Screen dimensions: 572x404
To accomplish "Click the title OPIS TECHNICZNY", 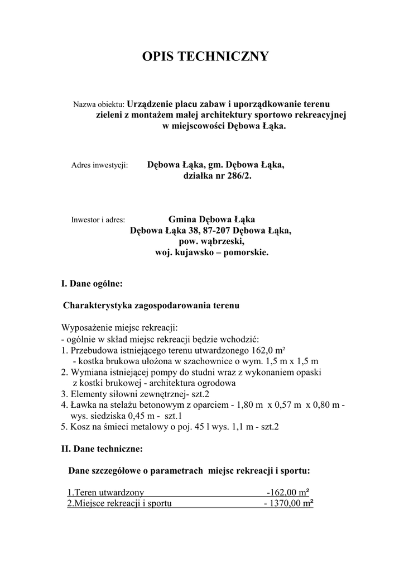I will point(205,56).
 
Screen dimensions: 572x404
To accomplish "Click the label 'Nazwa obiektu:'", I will point(98,104).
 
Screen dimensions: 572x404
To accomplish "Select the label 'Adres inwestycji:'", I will point(100,165).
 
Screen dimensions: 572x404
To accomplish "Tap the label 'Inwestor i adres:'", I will point(98,220).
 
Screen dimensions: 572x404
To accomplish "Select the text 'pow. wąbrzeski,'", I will point(211,241).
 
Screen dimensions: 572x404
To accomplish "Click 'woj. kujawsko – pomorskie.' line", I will point(211,252).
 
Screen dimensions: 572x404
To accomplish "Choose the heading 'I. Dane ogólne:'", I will point(92,284).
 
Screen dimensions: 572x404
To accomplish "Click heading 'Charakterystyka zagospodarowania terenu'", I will point(151,306).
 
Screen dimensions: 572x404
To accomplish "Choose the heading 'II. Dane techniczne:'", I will point(102,449).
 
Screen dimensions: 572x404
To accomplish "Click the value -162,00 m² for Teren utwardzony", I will point(287,493).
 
